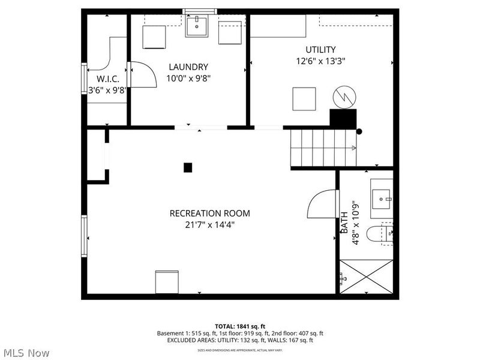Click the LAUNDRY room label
[x=188, y=67]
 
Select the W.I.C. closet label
[x=108, y=79]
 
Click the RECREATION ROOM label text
[x=209, y=213]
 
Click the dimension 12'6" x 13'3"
[x=320, y=61]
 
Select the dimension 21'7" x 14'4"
[x=209, y=224]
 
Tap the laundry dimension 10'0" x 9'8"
[x=188, y=78]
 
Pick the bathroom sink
[x=382, y=197]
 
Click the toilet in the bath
[x=381, y=233]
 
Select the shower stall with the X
[x=366, y=276]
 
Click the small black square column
[x=188, y=168]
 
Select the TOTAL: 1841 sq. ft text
[x=239, y=326]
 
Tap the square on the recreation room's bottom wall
[x=167, y=282]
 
